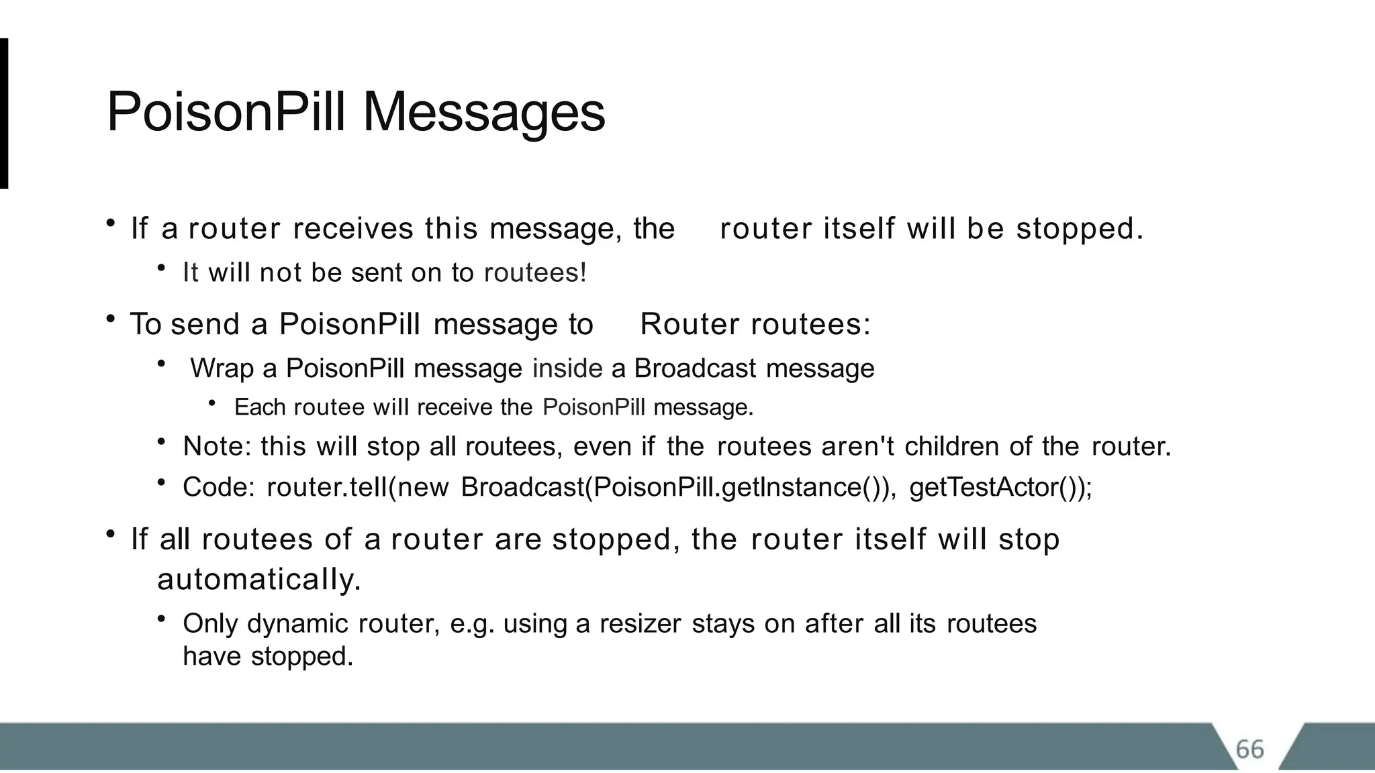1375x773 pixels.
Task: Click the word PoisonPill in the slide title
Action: (226, 113)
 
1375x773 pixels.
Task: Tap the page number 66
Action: (1249, 749)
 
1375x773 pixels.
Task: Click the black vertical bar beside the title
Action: (4, 113)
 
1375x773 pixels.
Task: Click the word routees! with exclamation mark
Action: (535, 273)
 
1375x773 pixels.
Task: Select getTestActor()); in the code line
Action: (1000, 488)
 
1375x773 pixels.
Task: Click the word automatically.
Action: (259, 579)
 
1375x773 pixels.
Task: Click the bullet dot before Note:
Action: (161, 442)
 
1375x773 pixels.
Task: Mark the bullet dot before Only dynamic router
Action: (161, 619)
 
